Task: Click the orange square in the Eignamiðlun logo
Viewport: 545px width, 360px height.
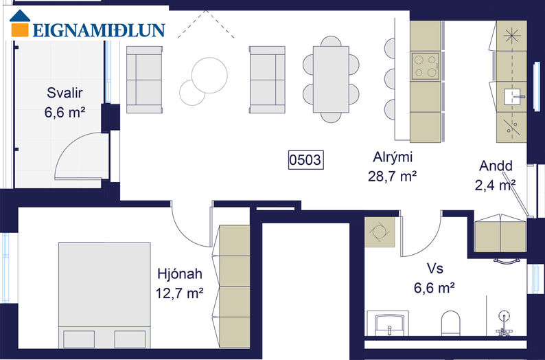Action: pos(20,30)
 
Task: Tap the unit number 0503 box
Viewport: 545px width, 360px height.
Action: pos(306,160)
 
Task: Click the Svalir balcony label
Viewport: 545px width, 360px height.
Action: pos(65,93)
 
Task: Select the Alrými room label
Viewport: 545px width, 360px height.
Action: pos(393,157)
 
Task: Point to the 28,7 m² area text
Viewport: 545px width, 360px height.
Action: pos(393,177)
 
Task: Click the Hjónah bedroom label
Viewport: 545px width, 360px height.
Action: pos(180,273)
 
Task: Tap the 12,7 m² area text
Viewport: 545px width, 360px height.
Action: pos(179,293)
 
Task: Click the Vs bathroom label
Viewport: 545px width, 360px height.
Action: pos(434,269)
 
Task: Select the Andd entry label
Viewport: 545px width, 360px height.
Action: pos(496,166)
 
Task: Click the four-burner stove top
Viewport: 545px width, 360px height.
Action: pos(426,66)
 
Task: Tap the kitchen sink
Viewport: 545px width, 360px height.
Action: pos(512,96)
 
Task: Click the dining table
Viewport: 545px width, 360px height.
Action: pos(331,79)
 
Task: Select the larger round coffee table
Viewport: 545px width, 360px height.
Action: pos(209,76)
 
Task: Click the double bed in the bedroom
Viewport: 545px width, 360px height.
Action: pos(104,295)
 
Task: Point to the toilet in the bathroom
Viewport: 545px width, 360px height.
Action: pos(450,323)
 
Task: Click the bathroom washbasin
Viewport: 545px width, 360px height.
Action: pos(390,324)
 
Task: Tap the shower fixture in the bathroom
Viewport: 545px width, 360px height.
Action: pos(504,323)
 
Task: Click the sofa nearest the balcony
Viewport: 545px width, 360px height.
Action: pos(144,80)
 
